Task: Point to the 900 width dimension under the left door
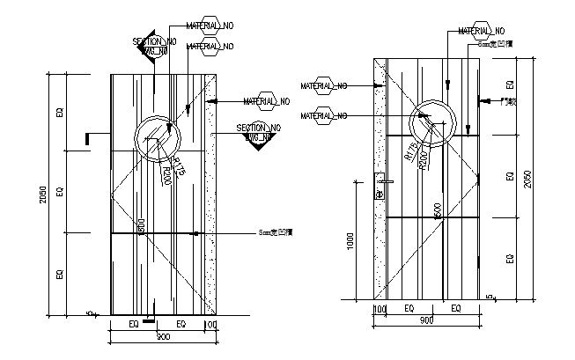162,336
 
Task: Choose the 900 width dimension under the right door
426,320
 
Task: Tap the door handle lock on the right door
380,189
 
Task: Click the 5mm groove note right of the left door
278,233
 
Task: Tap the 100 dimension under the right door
380,309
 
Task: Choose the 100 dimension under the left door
210,325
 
